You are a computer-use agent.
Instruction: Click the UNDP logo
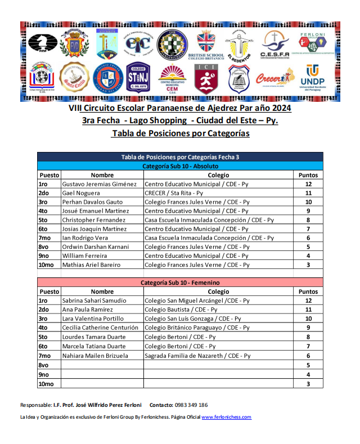click(x=318, y=78)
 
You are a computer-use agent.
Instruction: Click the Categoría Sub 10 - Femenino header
click(x=180, y=282)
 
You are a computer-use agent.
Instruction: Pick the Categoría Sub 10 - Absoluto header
click(x=180, y=167)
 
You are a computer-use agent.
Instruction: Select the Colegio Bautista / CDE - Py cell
click(x=181, y=310)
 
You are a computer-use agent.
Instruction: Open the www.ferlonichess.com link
click(x=226, y=417)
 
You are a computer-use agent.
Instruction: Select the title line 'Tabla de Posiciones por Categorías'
click(x=180, y=134)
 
